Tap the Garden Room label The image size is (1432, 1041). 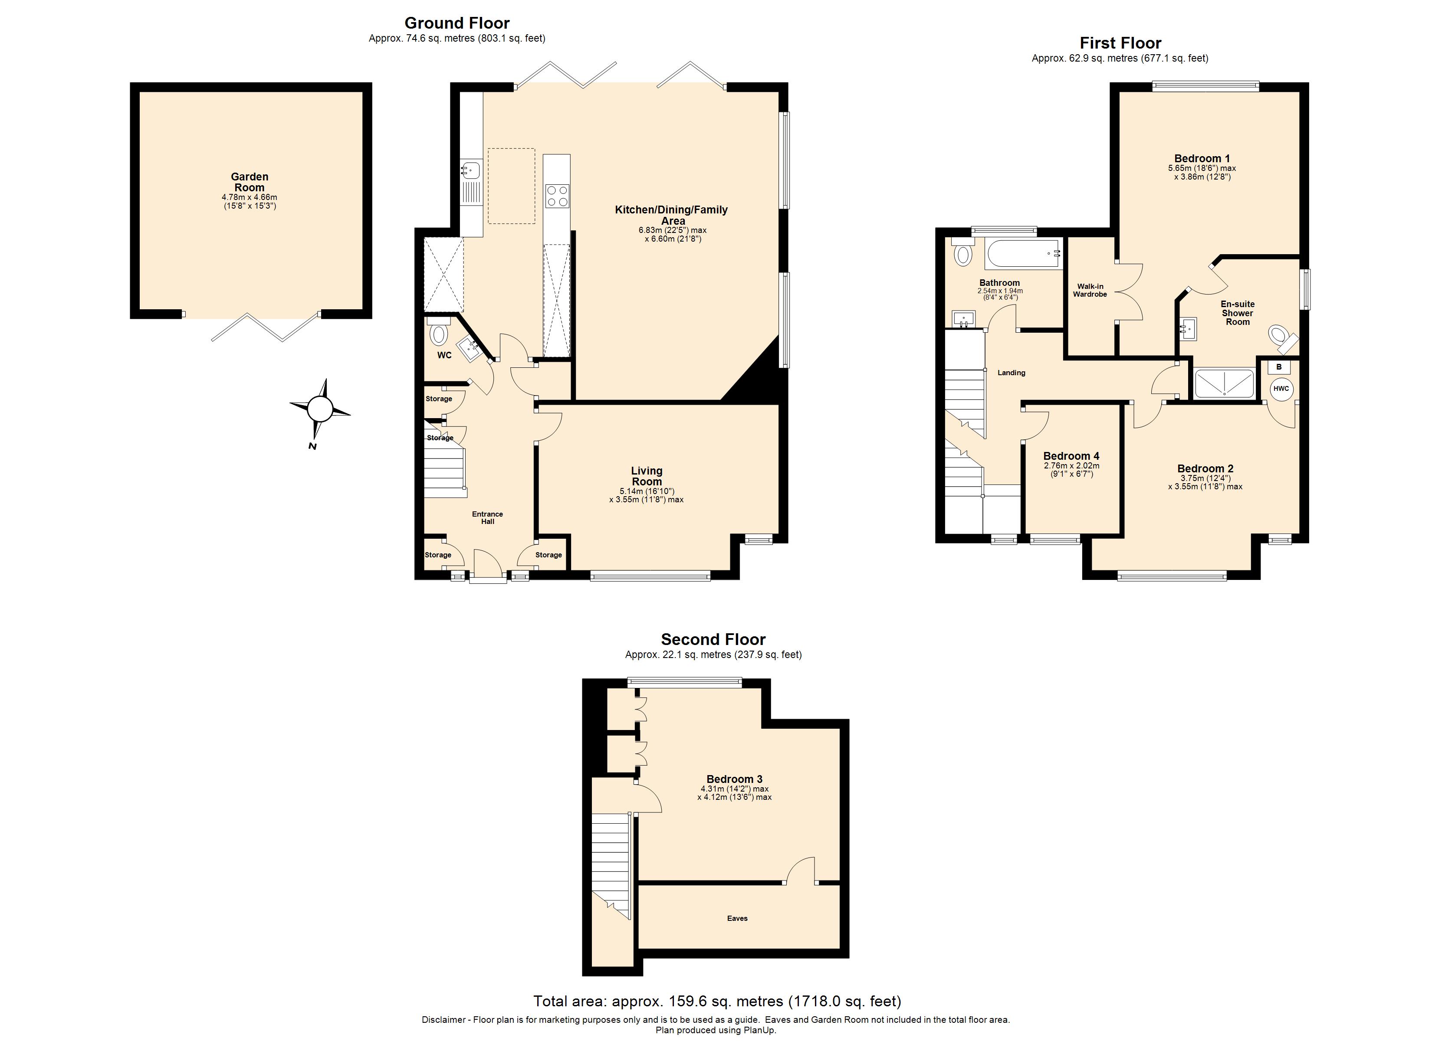click(250, 182)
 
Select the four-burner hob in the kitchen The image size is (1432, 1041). click(557, 195)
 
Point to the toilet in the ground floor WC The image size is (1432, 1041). click(439, 333)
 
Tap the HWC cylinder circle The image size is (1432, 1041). click(1281, 388)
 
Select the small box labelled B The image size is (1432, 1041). click(1278, 367)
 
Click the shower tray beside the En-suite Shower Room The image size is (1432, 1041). click(1224, 383)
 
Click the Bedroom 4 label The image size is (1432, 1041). click(1071, 456)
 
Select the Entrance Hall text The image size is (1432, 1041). click(487, 517)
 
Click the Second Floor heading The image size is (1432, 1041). click(713, 639)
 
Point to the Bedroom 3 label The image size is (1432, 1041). click(734, 779)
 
